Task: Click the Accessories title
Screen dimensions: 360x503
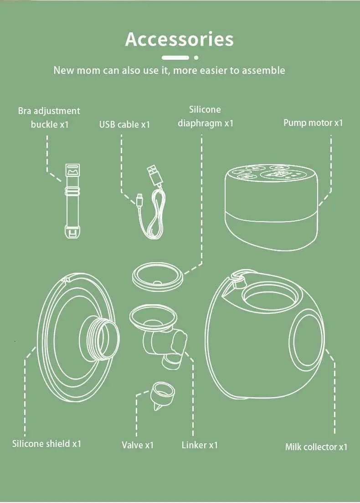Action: pos(179,39)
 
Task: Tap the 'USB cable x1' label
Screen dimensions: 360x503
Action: pos(124,124)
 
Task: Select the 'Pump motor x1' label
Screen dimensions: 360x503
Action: pos(313,123)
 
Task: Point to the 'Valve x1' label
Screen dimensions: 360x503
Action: pos(138,445)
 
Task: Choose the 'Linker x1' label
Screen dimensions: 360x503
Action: pos(200,445)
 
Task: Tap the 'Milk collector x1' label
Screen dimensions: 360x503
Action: pos(316,447)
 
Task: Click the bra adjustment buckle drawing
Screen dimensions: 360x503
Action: pos(72,201)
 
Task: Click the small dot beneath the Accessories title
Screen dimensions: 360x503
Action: pos(196,58)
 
